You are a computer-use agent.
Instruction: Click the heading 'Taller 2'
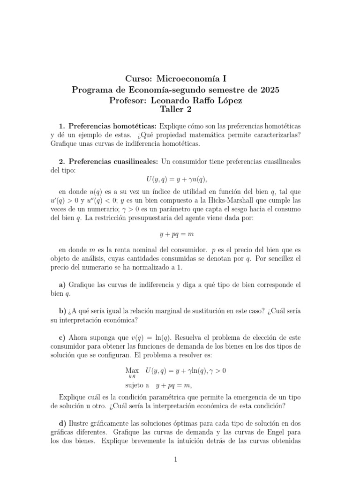tap(175, 110)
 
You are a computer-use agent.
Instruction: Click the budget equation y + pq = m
tap(175, 233)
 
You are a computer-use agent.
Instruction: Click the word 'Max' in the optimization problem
tap(132, 370)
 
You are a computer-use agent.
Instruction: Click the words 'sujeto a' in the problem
tap(137, 385)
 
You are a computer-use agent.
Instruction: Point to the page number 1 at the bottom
tap(175, 459)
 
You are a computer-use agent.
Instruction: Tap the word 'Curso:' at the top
tap(140, 79)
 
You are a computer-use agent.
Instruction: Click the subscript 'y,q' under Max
tap(132, 376)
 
